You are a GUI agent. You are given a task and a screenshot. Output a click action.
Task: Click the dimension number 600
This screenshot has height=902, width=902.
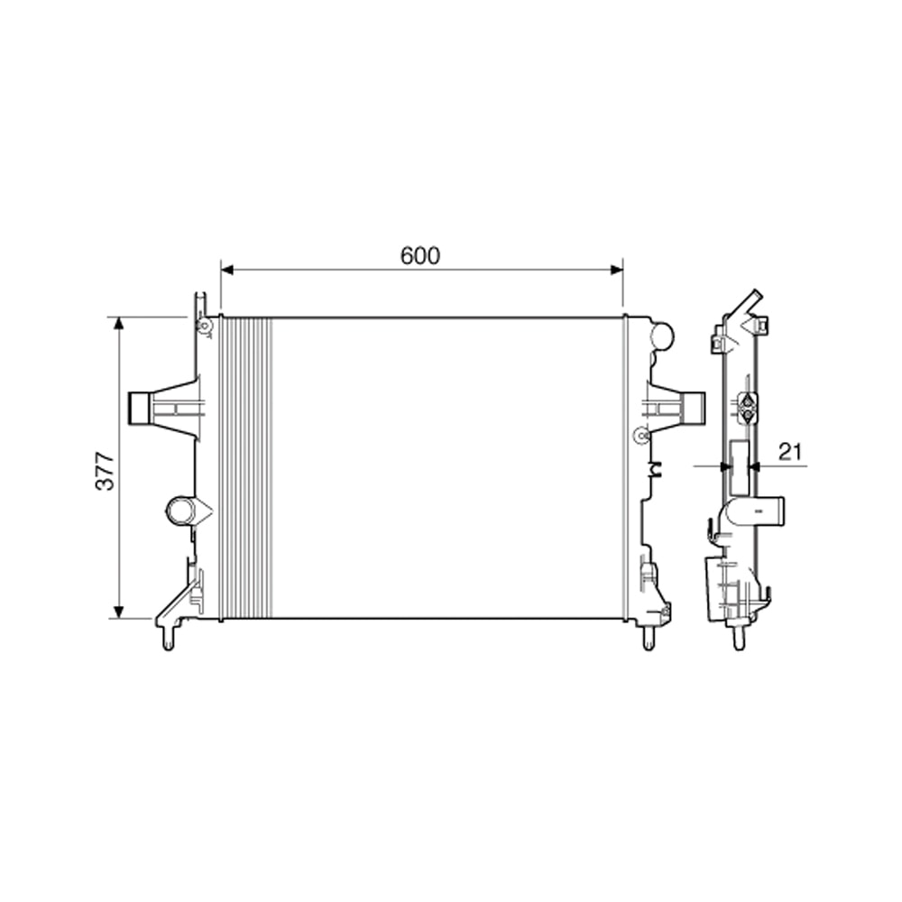coord(420,256)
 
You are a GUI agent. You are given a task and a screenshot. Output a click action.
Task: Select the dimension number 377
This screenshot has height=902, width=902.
coord(106,470)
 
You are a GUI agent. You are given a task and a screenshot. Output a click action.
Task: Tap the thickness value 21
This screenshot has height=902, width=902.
coord(790,453)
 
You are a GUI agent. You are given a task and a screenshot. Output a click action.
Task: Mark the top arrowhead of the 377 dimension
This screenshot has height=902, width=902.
coord(118,324)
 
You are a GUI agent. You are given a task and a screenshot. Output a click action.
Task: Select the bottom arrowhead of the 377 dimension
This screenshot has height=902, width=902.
coord(118,612)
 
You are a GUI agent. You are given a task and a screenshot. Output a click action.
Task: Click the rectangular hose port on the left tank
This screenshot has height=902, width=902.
coord(140,408)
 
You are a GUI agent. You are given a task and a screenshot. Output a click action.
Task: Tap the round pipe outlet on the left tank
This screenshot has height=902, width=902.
coord(180,511)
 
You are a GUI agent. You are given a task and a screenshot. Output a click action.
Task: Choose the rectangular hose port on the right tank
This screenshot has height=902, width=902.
coord(693,408)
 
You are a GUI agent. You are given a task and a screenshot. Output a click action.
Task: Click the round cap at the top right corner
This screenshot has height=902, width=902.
coord(662,336)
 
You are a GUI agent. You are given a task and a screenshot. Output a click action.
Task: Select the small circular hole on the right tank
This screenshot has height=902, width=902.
coord(641,436)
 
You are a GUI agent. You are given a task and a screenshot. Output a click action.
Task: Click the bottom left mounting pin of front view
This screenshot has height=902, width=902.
coord(168,640)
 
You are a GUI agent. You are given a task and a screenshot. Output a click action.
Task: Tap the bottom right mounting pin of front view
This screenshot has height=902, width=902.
coord(648,639)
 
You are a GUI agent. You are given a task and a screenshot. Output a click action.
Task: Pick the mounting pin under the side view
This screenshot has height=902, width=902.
coord(739,639)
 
